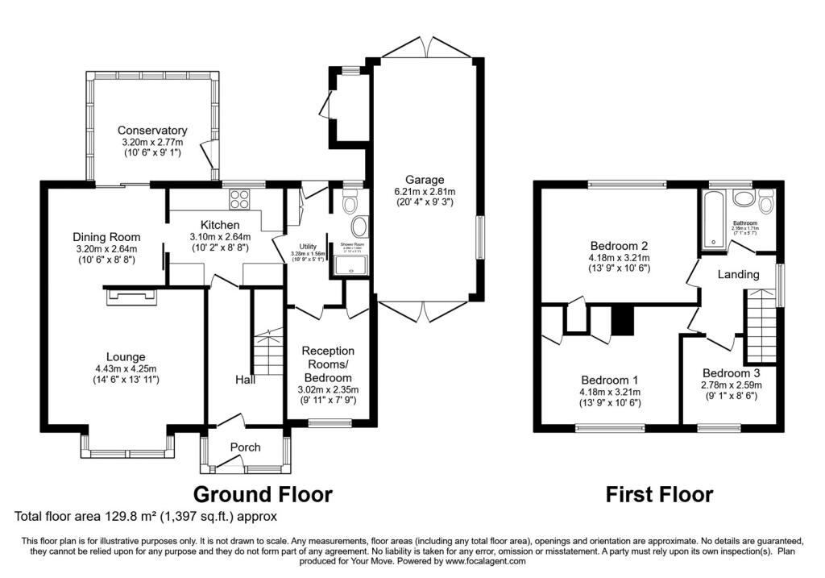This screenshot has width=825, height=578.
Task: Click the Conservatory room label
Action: pyautogui.click(x=152, y=131)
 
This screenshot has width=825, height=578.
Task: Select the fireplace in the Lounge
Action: pyautogui.click(x=129, y=297)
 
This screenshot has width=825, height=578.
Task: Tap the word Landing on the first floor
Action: pyautogui.click(x=739, y=275)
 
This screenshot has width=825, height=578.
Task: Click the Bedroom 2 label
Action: pyautogui.click(x=620, y=246)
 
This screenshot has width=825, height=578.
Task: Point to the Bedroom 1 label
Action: pyautogui.click(x=610, y=380)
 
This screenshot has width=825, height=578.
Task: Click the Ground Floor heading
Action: pyautogui.click(x=262, y=493)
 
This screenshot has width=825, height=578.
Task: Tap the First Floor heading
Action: pyautogui.click(x=659, y=493)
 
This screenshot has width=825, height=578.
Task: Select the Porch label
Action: pyautogui.click(x=246, y=447)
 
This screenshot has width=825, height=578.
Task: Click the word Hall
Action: pyautogui.click(x=246, y=379)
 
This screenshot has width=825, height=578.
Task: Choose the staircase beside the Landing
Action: pyautogui.click(x=761, y=326)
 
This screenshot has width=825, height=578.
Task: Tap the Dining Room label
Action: pyautogui.click(x=106, y=237)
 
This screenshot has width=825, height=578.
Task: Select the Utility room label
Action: pyautogui.click(x=309, y=247)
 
